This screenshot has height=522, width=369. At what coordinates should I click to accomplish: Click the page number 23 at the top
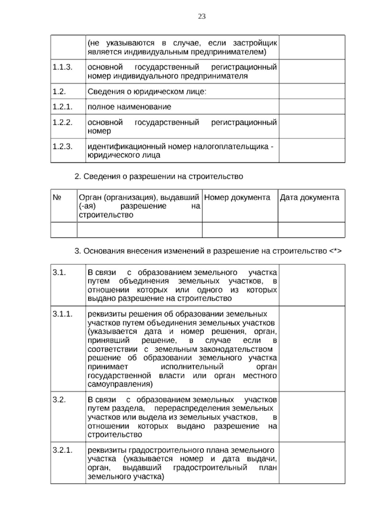tap(202, 17)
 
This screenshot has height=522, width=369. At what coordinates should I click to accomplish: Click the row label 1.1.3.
tap(62, 67)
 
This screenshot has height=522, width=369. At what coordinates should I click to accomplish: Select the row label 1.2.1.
tap(62, 107)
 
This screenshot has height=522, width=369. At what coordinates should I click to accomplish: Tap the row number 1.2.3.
tap(62, 146)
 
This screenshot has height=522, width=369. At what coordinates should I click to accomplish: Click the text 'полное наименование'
tap(129, 107)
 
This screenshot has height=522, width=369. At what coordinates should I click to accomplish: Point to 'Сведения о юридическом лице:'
tap(147, 92)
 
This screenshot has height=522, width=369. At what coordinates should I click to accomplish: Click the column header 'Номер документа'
tap(237, 197)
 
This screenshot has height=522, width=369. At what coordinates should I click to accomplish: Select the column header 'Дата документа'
tap(309, 197)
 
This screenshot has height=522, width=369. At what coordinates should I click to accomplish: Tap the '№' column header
tap(57, 197)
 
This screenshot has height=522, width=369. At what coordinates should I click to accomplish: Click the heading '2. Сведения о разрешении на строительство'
tap(159, 177)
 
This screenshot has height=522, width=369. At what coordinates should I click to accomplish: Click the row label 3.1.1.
tap(62, 314)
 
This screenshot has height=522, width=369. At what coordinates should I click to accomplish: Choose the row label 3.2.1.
tap(62, 450)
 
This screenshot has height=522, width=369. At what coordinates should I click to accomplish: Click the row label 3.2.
tap(59, 400)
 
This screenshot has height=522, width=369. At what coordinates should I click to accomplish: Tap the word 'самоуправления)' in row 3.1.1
tap(120, 384)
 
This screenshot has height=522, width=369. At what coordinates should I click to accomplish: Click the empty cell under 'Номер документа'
tap(240, 230)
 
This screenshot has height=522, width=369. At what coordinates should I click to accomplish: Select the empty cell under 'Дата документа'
tap(311, 230)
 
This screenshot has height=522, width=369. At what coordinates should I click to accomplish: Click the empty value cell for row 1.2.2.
tap(312, 126)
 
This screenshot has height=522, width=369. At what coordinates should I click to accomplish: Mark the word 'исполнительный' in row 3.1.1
tap(192, 367)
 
